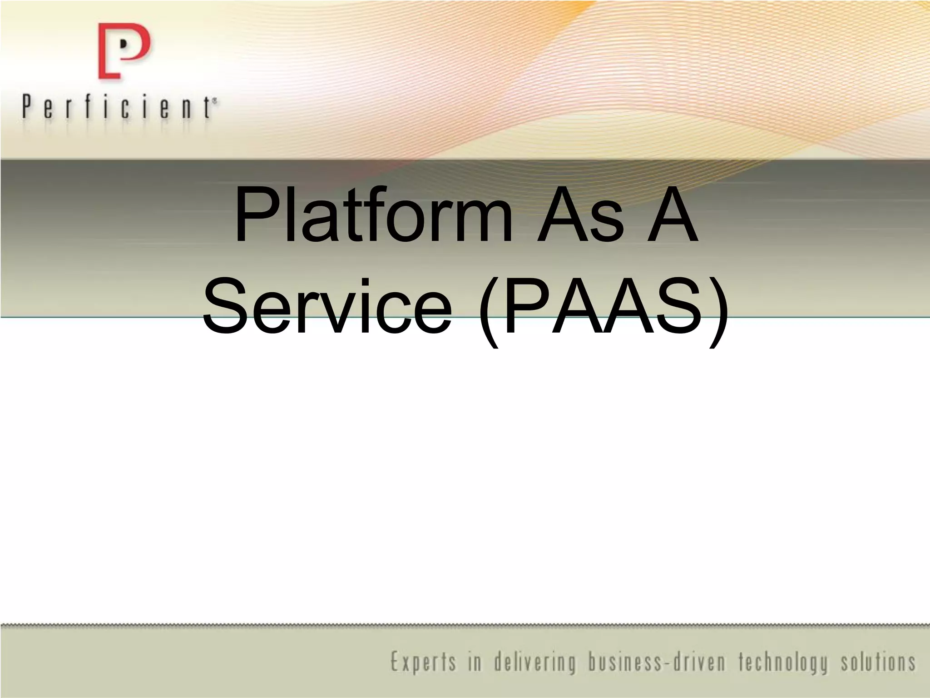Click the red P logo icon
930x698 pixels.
[x=124, y=51]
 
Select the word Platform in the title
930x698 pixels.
[x=372, y=216]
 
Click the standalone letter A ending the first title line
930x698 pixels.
[x=672, y=216]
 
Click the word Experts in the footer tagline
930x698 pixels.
[x=422, y=663]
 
